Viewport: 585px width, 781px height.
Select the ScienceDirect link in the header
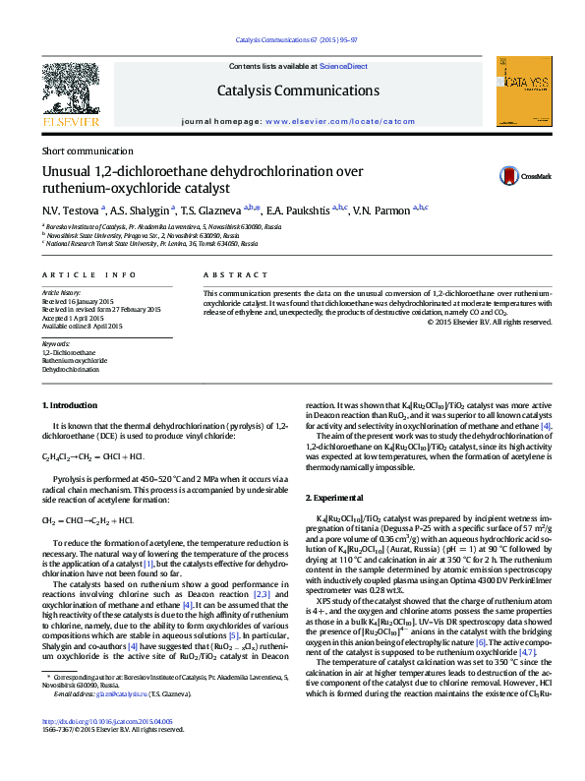(x=343, y=66)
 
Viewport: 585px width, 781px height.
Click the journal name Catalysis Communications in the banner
(x=298, y=90)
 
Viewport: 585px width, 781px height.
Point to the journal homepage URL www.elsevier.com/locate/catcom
(x=339, y=121)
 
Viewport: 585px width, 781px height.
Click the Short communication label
(x=87, y=151)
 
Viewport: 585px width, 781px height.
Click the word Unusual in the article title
(x=65, y=171)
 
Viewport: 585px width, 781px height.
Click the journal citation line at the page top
(x=297, y=40)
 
